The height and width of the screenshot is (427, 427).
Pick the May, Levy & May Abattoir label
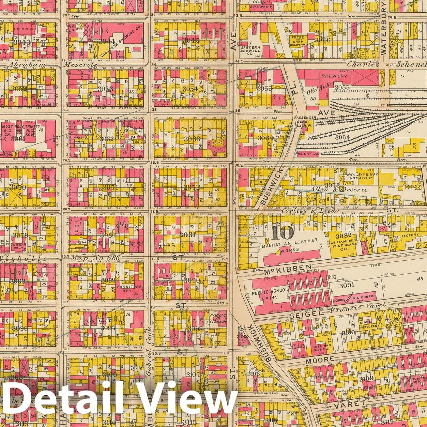click(x=363, y=177)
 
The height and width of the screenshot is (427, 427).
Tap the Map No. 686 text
click(x=95, y=258)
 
